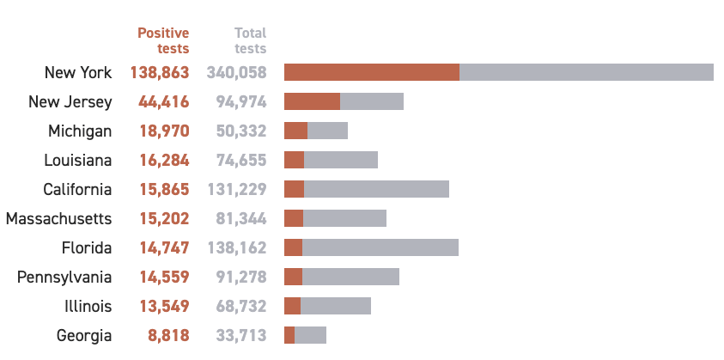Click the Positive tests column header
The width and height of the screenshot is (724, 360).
163,40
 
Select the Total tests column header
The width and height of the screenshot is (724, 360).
250,40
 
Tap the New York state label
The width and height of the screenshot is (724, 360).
78,73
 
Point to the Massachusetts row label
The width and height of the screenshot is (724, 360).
58,219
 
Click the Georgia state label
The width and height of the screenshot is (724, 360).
84,336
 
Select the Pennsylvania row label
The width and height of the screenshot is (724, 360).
64,278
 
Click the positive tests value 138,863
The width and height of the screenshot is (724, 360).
160,73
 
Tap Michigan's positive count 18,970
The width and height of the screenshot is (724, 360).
163,131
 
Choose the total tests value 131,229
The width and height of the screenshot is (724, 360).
237,190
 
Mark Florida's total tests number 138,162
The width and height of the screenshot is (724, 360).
237,248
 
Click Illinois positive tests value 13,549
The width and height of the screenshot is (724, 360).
163,307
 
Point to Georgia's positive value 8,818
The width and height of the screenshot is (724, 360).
167,336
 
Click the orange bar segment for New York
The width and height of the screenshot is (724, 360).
371,72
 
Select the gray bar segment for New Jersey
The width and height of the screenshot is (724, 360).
372,101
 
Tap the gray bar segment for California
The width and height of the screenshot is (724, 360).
376,189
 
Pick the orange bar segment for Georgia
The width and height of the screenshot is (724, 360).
289,335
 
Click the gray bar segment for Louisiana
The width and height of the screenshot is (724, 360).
341,160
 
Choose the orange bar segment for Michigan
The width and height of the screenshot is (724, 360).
295,131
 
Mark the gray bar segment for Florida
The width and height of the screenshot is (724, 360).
380,247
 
